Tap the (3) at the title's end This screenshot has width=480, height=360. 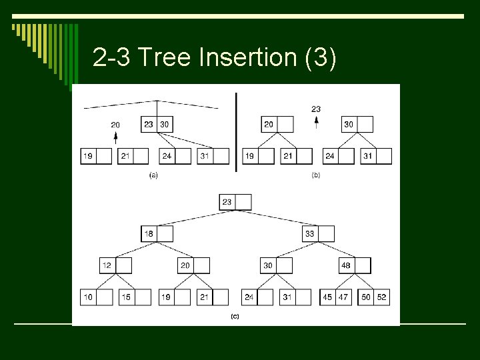click(x=320, y=58)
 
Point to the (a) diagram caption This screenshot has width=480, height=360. click(x=153, y=175)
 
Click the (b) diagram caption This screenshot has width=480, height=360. click(x=316, y=175)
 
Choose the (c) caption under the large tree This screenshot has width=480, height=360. click(x=235, y=317)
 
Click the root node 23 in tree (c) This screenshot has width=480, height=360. click(x=235, y=201)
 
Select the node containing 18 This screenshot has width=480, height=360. click(x=157, y=233)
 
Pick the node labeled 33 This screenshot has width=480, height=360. click(x=318, y=233)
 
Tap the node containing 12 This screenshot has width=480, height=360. click(x=115, y=265)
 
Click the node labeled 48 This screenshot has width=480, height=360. click(x=354, y=265)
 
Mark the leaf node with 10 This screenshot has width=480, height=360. click(x=96, y=297)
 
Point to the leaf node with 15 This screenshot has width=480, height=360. click(x=135, y=297)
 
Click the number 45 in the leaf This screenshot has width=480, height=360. click(x=327, y=297)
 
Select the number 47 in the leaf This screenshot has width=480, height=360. click(x=343, y=297)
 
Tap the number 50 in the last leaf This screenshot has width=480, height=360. click(x=366, y=297)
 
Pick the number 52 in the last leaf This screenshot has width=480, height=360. click(x=382, y=297)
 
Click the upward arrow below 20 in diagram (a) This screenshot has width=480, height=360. click(x=115, y=138)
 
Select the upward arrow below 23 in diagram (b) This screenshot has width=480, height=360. click(x=316, y=123)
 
